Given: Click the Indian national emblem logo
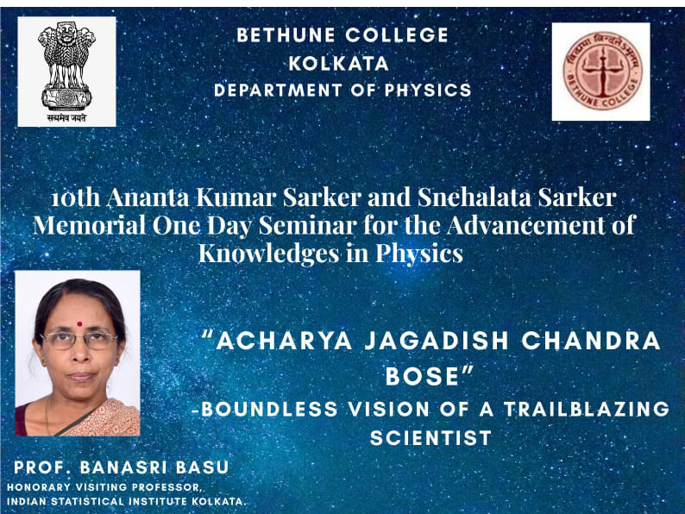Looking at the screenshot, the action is (x=66, y=72).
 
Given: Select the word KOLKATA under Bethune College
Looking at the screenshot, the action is (x=338, y=64).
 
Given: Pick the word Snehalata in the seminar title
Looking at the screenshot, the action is (x=474, y=197).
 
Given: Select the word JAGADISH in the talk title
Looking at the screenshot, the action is (x=437, y=341).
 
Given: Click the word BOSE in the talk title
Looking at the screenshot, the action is (x=422, y=376).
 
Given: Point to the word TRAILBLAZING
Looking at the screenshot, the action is (x=587, y=409).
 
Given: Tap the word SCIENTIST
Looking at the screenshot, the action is (x=430, y=438).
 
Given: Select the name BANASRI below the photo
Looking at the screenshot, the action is (x=123, y=467).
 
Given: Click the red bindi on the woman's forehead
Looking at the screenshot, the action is (x=79, y=324).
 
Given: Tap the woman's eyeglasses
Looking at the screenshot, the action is (x=79, y=341).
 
